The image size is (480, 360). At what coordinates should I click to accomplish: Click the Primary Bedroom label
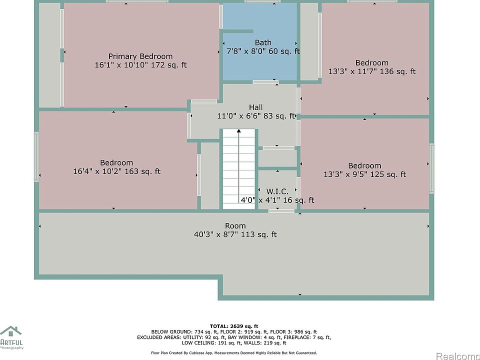point(140,56)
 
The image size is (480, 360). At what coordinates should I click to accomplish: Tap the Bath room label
point(263,42)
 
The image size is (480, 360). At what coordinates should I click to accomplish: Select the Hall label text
point(255,107)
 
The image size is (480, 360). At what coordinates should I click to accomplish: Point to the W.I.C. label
point(277,191)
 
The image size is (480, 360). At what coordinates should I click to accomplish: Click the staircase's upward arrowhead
point(239,130)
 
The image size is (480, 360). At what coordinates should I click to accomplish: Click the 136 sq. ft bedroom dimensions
point(372,71)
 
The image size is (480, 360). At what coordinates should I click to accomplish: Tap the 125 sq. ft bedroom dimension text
point(364,174)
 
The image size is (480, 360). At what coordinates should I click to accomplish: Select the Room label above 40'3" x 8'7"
point(235,226)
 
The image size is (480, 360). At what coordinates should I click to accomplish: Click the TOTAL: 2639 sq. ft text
point(234,326)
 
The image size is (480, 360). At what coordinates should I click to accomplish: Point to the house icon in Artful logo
point(11,331)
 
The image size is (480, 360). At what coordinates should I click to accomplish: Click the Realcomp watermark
point(457,356)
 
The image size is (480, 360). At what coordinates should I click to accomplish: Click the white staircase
point(239,169)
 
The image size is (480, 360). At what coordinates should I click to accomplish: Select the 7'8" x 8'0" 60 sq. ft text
point(263,51)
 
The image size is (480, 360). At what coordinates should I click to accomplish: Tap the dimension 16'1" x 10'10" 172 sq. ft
point(140,65)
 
